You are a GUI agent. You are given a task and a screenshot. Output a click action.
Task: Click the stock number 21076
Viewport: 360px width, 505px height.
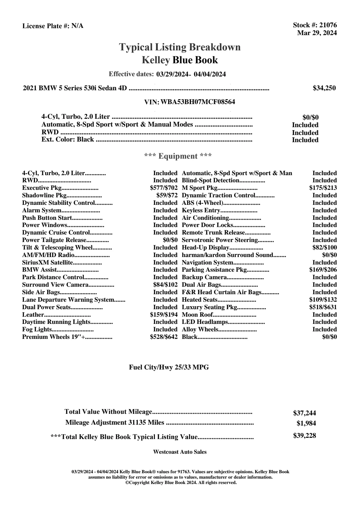tap(328, 25)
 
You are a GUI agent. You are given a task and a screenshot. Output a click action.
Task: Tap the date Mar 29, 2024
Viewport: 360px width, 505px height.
tap(317, 33)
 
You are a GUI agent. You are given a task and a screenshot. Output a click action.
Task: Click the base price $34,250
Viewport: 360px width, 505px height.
tap(324, 88)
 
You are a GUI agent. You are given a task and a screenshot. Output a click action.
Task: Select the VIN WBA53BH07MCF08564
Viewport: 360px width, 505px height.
tap(198, 102)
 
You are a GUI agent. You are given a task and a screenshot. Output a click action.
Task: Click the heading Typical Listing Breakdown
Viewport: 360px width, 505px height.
tap(180, 47)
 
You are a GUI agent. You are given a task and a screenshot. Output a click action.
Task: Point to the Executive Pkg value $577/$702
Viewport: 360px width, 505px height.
tap(164, 188)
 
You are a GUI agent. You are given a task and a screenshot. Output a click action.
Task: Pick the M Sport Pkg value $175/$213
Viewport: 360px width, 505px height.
tap(323, 188)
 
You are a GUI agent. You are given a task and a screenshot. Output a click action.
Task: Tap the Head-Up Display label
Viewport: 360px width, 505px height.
tap(205, 248)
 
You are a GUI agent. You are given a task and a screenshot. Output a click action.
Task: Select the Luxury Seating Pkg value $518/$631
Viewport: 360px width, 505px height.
tap(323, 307)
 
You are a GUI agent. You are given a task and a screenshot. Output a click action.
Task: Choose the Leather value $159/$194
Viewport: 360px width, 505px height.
tap(164, 315)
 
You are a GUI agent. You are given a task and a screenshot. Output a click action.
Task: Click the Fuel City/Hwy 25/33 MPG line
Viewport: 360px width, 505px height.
tap(169, 367)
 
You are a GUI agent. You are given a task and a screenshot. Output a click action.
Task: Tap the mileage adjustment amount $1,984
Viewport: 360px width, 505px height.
tap(306, 423)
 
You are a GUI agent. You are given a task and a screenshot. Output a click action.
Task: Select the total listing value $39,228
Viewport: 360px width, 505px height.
tap(304, 436)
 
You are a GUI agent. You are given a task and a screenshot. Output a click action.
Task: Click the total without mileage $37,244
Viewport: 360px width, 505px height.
tap(304, 413)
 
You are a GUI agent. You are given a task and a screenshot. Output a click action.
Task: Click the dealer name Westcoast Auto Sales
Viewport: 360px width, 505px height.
tap(180, 452)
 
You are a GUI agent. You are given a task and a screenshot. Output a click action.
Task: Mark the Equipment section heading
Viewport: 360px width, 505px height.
tap(178, 156)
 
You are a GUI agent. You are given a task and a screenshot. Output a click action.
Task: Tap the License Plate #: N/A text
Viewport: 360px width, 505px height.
tap(53, 26)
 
